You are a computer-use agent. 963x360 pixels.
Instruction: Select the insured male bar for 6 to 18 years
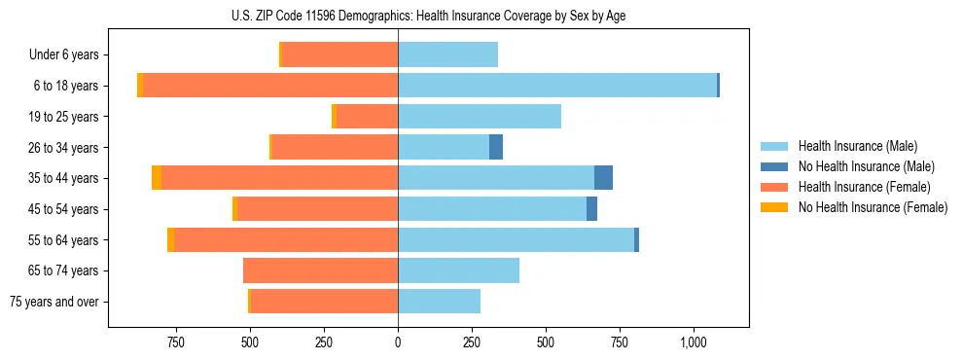557,86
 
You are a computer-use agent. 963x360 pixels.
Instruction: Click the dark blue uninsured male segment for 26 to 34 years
496,147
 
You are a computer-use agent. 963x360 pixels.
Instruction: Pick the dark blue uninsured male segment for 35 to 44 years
603,178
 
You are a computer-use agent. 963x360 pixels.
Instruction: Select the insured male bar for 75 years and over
439,302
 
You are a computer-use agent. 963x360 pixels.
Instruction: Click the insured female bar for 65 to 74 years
320,270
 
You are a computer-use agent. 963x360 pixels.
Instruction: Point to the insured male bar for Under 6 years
447,54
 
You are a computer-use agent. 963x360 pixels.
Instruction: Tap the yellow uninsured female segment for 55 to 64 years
171,239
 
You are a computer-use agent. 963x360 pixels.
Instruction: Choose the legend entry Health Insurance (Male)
857,146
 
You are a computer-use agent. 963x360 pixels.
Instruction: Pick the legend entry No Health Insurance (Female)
872,207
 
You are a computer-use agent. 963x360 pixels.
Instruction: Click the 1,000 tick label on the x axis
694,342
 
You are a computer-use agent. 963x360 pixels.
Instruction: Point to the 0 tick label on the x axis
398,342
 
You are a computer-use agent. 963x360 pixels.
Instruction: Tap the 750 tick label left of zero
176,342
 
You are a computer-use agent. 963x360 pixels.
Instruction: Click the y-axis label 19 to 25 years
63,117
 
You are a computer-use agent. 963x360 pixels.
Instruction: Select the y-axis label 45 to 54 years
63,209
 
